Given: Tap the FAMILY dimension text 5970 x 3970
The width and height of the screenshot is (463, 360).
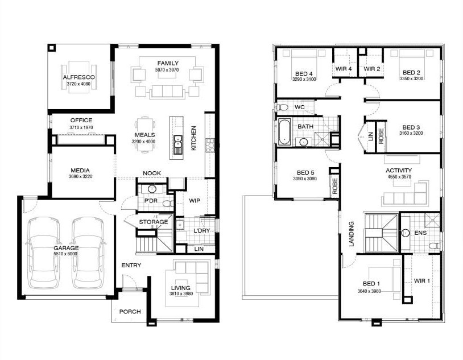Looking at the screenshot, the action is tap(167, 70).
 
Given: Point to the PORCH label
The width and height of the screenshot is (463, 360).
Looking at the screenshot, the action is tap(130, 312).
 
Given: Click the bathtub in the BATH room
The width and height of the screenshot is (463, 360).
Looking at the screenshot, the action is tap(284, 132).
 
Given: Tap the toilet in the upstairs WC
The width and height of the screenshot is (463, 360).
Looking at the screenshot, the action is tap(282, 107).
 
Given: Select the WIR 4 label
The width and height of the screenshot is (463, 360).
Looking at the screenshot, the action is tap(344, 69).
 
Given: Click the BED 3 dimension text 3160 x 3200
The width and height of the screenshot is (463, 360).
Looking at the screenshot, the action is tap(411, 133).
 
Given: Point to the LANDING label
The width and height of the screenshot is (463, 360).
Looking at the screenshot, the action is tap(351, 234).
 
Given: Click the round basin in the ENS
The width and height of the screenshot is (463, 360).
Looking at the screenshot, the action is tap(406, 233).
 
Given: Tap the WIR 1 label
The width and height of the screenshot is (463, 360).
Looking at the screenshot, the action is tap(422, 280).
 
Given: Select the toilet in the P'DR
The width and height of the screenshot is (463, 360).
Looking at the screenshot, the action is tap(168, 204).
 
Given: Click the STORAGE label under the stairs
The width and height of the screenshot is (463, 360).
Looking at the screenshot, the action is tap(154, 222).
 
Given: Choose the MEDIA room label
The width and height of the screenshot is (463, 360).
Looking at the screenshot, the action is tap(80, 171).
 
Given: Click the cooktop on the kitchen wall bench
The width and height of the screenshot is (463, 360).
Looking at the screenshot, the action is tap(210, 145).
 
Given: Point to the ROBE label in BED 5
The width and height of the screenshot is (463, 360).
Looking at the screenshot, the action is tap(335, 186).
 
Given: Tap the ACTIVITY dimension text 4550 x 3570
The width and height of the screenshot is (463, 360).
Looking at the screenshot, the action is tap(399, 177).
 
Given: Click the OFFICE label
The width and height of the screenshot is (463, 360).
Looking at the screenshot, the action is tap(81, 120).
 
